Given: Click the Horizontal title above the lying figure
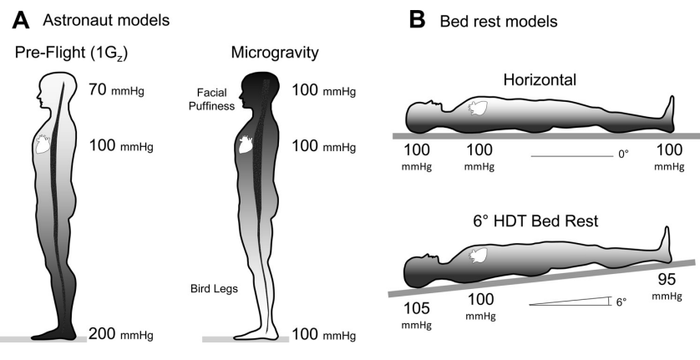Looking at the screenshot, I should [535, 79].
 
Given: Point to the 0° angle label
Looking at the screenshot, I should [622, 155].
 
